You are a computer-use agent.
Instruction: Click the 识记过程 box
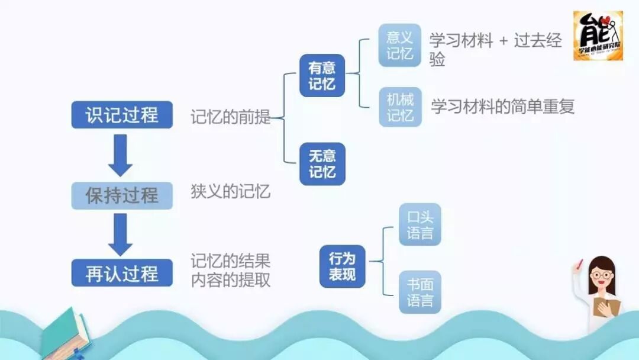[x=122, y=115]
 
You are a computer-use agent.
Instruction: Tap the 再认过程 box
[x=122, y=273]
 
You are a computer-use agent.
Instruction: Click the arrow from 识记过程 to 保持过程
[x=121, y=155]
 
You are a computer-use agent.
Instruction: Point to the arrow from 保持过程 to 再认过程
[x=121, y=234]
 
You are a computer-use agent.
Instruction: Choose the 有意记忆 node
[x=322, y=76]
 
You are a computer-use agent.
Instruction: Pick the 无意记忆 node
[x=322, y=164]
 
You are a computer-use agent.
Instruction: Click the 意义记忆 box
[x=400, y=46]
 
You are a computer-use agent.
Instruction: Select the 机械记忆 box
[x=400, y=107]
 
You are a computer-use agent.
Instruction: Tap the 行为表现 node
[x=342, y=266]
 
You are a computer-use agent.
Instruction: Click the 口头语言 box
[x=420, y=224]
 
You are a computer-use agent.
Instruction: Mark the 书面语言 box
[x=420, y=292]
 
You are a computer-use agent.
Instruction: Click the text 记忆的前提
[x=230, y=117]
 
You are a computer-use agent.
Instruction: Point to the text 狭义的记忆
[x=230, y=192]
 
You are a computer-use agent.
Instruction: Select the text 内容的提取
[x=230, y=279]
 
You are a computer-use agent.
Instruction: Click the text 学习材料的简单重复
[x=503, y=107]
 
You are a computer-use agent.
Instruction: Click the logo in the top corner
[x=598, y=35]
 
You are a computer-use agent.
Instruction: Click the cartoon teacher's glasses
[x=601, y=275]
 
